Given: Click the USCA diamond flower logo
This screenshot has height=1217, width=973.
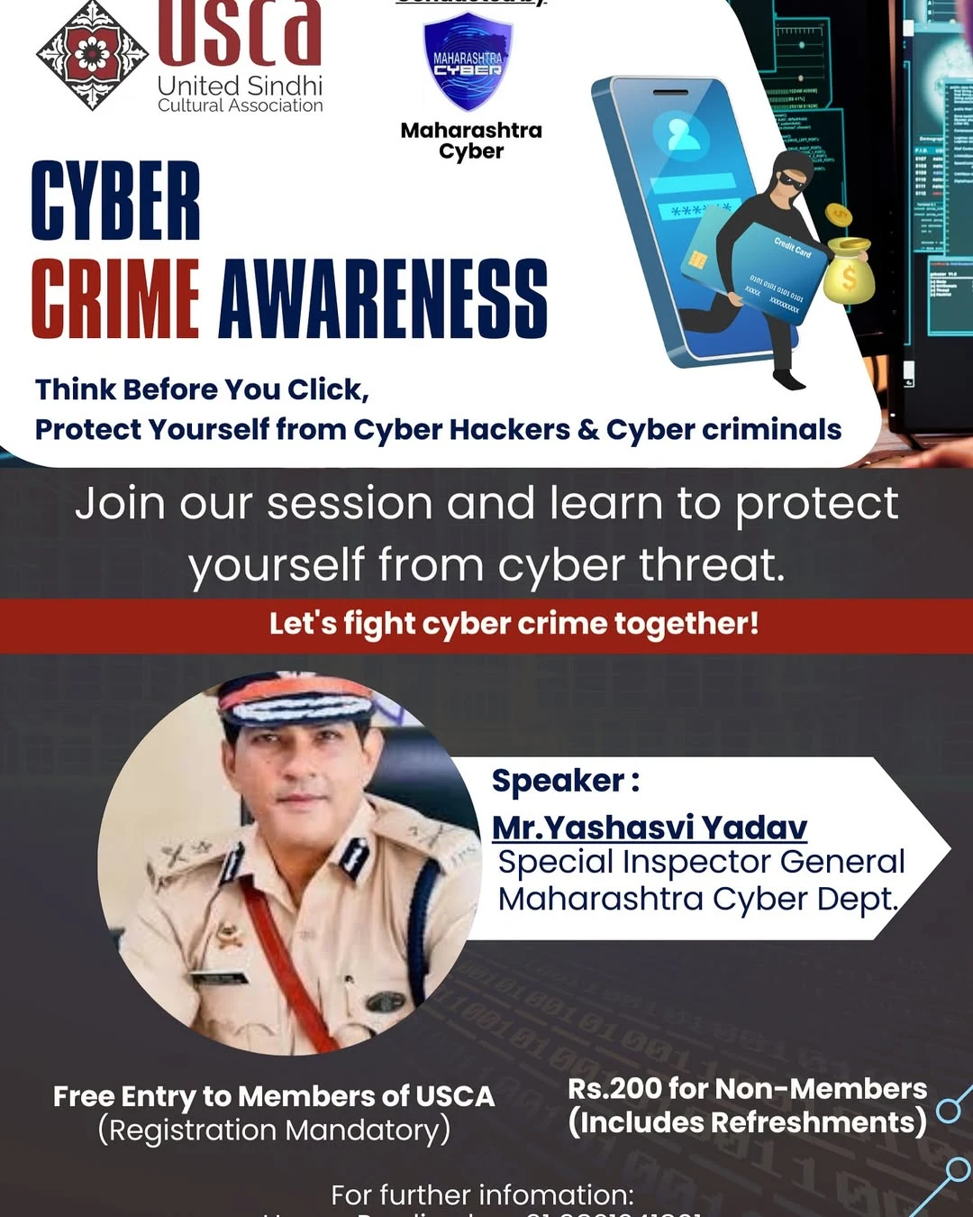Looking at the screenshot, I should [x=91, y=54].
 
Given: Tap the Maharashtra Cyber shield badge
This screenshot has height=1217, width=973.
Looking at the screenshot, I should [x=468, y=62].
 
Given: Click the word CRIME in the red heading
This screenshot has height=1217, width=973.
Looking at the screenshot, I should [x=115, y=299].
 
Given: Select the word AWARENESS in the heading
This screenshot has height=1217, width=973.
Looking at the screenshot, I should [x=383, y=299].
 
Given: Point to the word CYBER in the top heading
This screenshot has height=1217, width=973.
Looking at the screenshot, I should [x=116, y=202].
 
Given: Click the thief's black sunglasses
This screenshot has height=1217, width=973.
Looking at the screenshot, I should [x=790, y=180].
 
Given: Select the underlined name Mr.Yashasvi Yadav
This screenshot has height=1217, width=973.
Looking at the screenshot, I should [x=650, y=827].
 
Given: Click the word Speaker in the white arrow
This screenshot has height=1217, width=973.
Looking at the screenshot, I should [x=559, y=781].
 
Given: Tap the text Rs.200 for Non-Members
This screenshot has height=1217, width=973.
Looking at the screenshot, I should [x=747, y=1088].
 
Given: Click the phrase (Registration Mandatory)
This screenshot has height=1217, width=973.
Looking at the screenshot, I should [x=274, y=1130].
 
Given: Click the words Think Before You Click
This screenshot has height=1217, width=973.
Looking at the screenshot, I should [x=202, y=389].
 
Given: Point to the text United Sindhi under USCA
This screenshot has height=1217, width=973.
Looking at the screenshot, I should [x=240, y=87].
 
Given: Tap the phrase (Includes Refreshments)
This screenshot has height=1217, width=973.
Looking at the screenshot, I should [x=747, y=1122].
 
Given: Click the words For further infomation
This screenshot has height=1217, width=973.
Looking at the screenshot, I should [x=483, y=1195].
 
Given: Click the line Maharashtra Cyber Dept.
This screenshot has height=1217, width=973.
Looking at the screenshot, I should [x=698, y=899].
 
